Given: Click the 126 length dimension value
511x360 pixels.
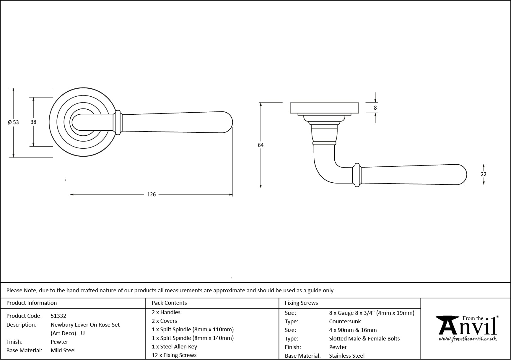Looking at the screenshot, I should [151, 194].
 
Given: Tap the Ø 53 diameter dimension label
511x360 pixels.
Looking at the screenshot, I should [13, 122].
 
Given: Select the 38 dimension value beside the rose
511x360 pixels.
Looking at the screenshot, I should [33, 121].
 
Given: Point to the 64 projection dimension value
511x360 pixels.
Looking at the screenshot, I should [261, 145].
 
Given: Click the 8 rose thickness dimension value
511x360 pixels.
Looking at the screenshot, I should [375, 108].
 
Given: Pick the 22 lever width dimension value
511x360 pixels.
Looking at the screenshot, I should [483, 174].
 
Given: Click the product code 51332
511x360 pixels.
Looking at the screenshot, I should [58, 316].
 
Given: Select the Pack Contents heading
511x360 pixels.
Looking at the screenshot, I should [169, 303].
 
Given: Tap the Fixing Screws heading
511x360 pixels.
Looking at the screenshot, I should [301, 303].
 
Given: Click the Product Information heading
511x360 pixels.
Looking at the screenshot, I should [32, 303].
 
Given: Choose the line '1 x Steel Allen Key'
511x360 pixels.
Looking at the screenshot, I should [174, 346].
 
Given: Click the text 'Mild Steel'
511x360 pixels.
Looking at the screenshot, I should [63, 350].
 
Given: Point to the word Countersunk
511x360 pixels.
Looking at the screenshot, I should [345, 321].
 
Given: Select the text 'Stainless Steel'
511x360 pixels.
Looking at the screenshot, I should [347, 356].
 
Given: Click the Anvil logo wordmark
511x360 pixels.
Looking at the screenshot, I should [467, 327].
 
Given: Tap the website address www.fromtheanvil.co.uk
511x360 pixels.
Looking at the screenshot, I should [468, 339].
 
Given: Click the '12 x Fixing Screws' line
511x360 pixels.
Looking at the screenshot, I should [174, 355].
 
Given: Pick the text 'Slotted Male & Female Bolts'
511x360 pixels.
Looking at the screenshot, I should [364, 338].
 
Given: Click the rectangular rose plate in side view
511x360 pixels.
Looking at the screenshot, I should [324, 108].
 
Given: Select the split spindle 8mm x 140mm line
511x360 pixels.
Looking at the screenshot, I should [193, 338].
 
